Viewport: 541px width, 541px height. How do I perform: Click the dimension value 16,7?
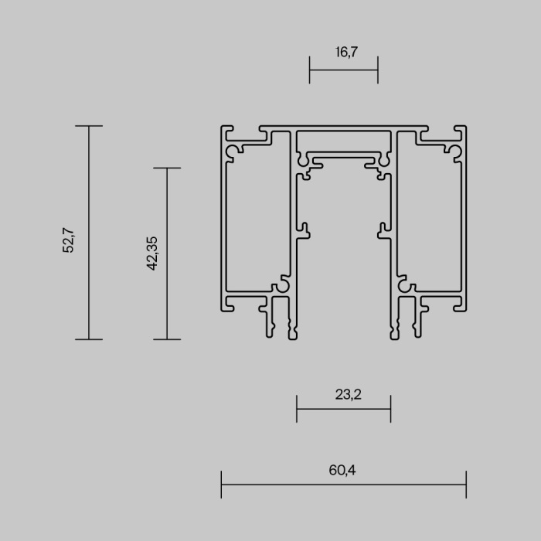point(343,53)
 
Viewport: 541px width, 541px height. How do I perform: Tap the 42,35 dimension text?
point(152,253)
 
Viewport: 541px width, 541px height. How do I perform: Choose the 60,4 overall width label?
point(343,469)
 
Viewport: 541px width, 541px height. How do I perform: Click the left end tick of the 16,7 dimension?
point(309,70)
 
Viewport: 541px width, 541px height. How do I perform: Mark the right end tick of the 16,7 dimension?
point(378,70)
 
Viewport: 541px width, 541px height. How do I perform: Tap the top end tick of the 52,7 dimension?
point(89,126)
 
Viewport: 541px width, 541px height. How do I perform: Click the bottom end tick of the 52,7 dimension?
point(89,339)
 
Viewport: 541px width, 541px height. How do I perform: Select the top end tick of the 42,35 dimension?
point(168,168)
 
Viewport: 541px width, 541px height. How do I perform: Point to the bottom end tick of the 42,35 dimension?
point(168,339)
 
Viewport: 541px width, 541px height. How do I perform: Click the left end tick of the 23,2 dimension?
point(297,409)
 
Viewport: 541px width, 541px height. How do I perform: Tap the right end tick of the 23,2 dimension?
point(390,409)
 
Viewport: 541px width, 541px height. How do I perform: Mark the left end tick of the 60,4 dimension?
point(222,485)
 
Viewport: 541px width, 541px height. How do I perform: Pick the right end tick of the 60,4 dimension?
point(466,485)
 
